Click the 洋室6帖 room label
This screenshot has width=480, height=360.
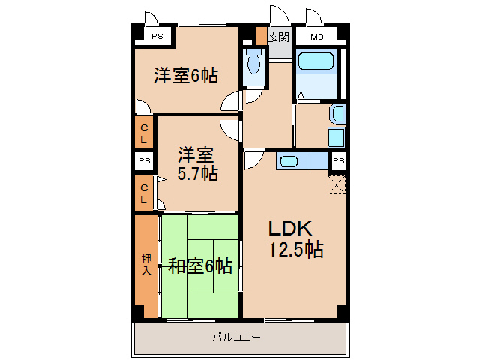point(186,76)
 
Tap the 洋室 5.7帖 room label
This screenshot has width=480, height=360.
point(197,164)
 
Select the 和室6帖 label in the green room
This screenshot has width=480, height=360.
point(199,265)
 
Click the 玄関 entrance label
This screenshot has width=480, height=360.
point(279,36)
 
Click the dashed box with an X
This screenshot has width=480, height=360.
point(337,184)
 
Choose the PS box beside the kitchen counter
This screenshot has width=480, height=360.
point(339,161)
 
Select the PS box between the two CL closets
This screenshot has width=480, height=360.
point(144,161)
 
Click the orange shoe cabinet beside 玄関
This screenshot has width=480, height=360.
point(261,36)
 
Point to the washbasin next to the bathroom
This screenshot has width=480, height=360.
point(337,115)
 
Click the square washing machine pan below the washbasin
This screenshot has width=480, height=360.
point(336,138)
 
